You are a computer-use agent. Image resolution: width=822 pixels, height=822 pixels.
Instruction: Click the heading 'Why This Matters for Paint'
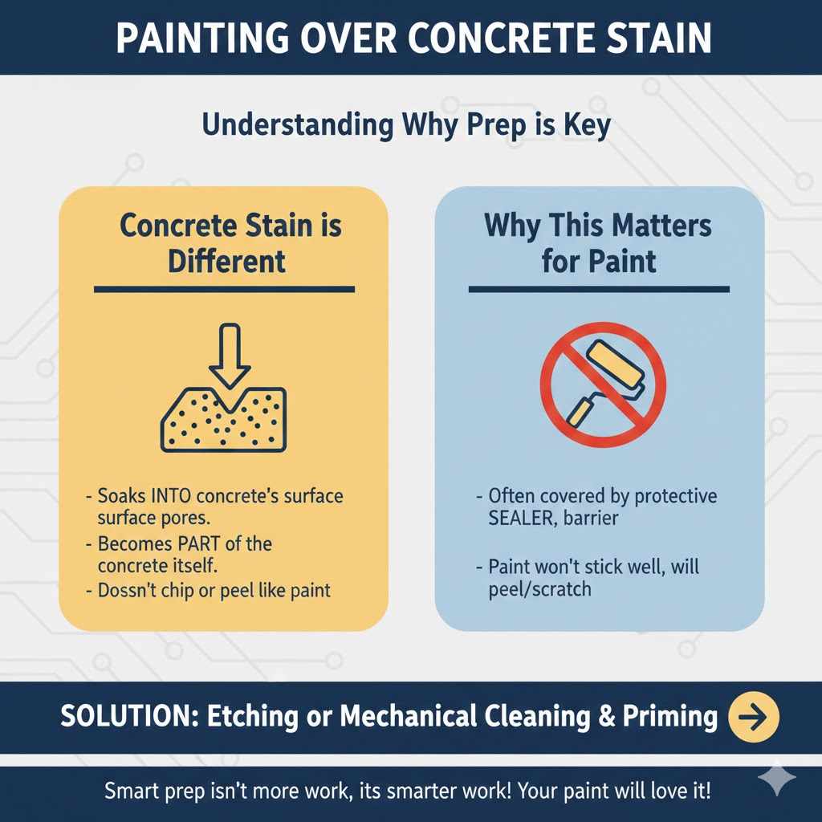coord(598,242)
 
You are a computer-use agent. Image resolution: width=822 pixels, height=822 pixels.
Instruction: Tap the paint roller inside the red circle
coord(604,382)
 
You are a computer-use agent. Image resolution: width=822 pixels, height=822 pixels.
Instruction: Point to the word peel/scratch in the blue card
coord(539,588)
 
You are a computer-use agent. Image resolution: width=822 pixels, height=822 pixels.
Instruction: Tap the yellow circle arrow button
coord(753,716)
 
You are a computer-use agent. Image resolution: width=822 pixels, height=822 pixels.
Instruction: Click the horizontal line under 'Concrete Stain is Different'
coord(224,289)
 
